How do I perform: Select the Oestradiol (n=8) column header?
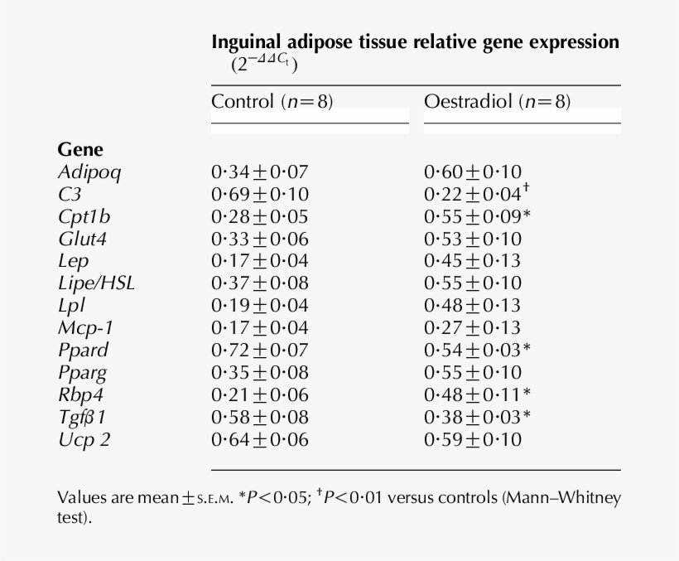(x=497, y=103)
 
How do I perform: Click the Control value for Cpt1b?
(x=259, y=216)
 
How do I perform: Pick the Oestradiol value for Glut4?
(x=472, y=239)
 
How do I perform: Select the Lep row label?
(x=72, y=261)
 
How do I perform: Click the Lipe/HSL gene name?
(x=96, y=283)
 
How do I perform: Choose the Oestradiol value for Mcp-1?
(x=472, y=327)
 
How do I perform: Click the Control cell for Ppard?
(x=259, y=350)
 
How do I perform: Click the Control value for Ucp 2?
(x=259, y=439)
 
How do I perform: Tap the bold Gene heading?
(x=80, y=150)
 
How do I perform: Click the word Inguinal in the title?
(x=246, y=41)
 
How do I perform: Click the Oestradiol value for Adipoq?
(x=472, y=172)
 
